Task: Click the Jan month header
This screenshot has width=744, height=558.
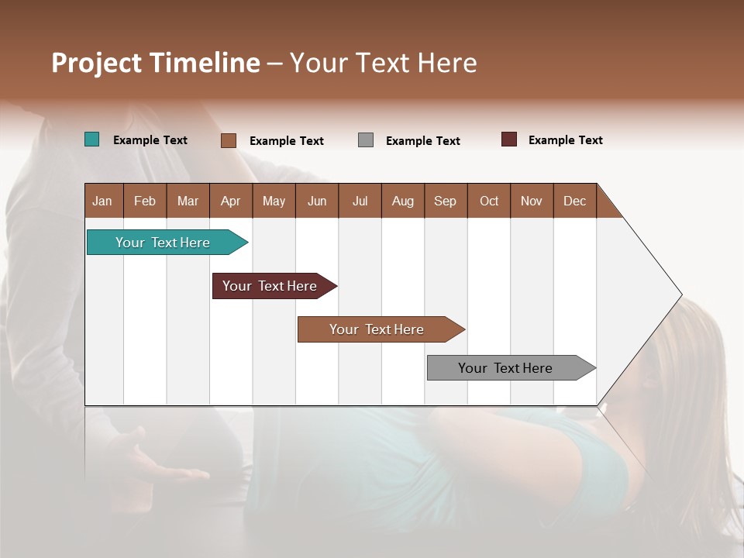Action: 103,201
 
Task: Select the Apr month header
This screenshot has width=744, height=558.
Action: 231,201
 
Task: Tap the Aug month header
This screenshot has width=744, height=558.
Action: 403,201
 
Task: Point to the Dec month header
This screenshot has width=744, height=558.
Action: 575,201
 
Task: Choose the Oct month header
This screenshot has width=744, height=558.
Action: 489,201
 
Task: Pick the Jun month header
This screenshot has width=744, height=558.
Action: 317,201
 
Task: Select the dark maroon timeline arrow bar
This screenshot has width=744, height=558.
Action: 271,286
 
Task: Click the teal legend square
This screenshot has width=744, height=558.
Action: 92,139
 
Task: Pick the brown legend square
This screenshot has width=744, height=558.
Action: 229,140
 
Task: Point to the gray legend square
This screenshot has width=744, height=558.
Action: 366,140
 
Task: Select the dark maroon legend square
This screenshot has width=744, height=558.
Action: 509,139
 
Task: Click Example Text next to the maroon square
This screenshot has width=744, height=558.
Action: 565,140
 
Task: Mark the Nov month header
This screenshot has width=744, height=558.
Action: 532,201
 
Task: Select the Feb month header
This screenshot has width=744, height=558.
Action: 145,201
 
